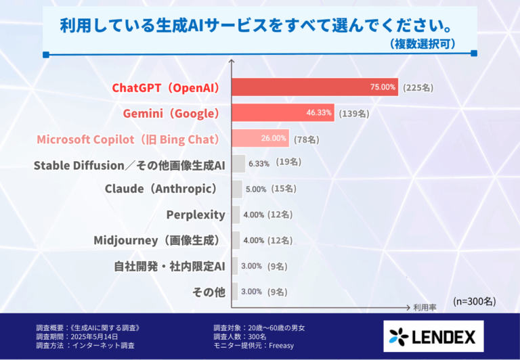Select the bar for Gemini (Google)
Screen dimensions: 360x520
(x=283, y=113)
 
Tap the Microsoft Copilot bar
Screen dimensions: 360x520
(x=261, y=139)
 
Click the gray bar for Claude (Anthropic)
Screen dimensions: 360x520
(x=237, y=189)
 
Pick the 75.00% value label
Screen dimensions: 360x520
(x=383, y=87)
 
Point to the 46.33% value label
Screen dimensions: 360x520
(x=319, y=113)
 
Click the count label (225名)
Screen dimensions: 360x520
(x=418, y=87)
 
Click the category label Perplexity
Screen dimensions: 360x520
(x=196, y=215)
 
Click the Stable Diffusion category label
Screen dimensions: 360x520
(x=129, y=164)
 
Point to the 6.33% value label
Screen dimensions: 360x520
(x=259, y=163)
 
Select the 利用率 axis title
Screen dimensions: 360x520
(x=425, y=307)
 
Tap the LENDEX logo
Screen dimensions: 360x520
(x=433, y=336)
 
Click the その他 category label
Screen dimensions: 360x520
(x=209, y=292)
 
